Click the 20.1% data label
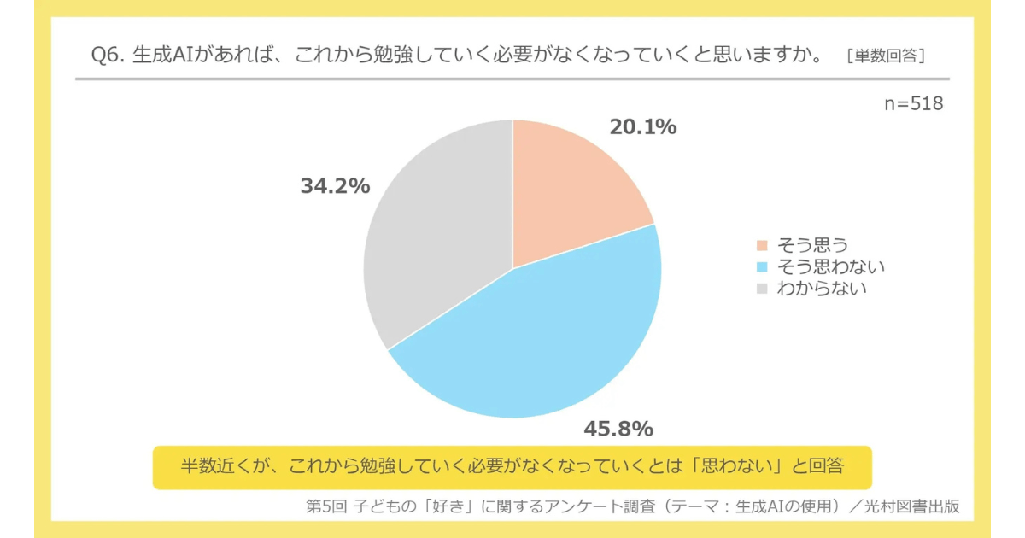pos(642,127)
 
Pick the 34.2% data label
pos(335,186)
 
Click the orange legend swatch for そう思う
pos(763,248)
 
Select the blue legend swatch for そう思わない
pos(763,267)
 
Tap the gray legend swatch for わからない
pos(763,288)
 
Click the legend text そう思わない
pos(830,267)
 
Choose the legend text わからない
pos(822,288)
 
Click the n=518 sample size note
pos(913,104)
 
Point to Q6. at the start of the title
pos(108,56)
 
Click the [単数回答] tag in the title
pos(887,56)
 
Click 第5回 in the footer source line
pos(326,506)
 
